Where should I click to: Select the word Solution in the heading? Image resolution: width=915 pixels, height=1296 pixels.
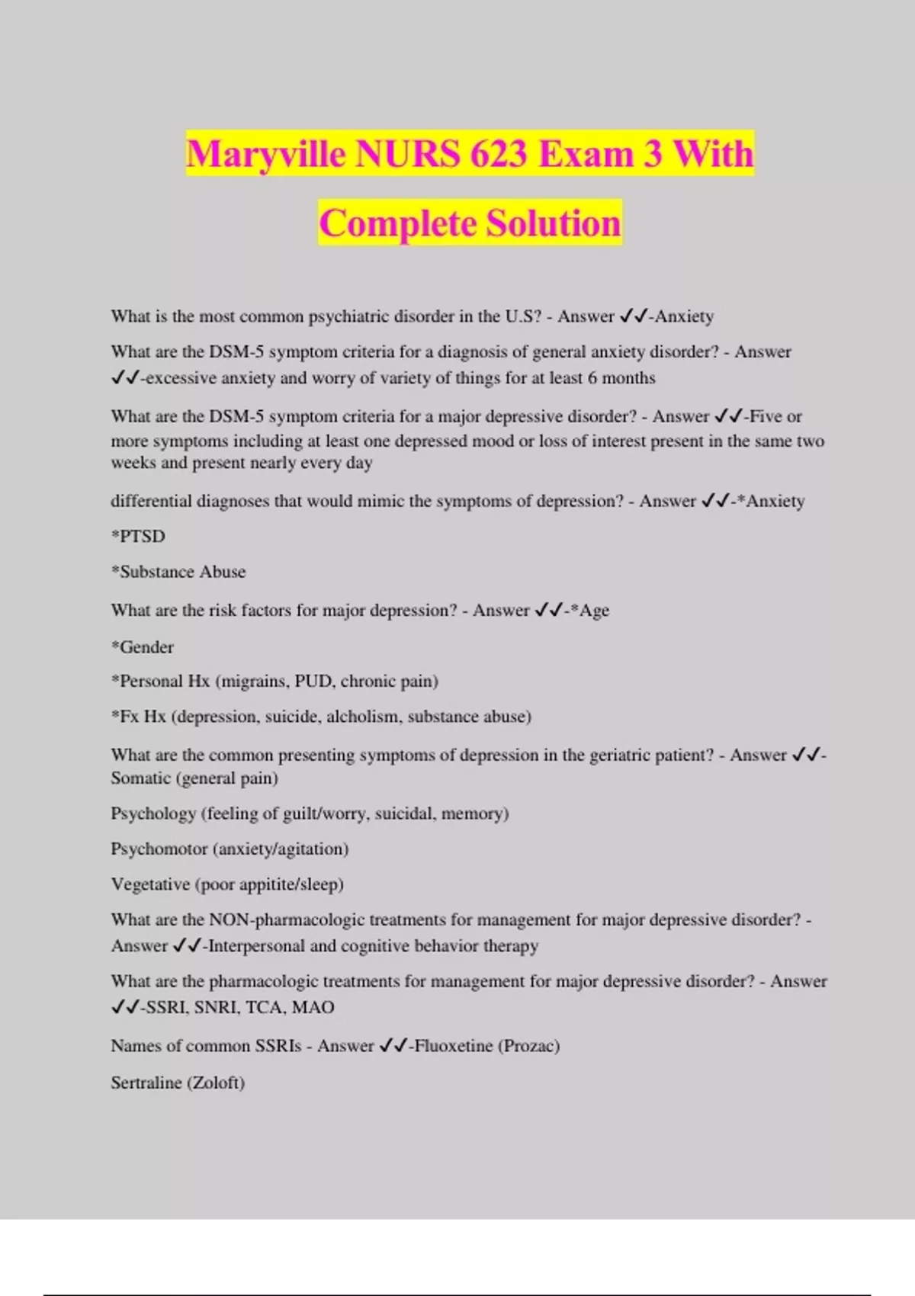(554, 224)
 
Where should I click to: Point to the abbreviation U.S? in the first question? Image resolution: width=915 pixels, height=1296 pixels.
(523, 316)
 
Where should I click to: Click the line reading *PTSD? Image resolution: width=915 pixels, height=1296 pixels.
(138, 537)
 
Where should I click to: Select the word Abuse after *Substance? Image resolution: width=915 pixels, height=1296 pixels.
(223, 572)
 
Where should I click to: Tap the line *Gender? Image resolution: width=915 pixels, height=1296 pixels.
(143, 647)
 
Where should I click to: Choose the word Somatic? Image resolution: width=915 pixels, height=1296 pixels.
(141, 778)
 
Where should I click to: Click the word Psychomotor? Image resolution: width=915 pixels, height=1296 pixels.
(159, 849)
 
